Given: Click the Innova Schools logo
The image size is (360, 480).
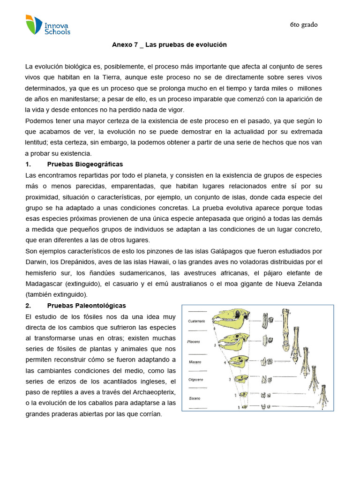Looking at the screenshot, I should tap(48, 25).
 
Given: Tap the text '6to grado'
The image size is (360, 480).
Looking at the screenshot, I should tap(303, 25).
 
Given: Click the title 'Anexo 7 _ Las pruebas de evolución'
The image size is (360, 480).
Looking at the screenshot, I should tap(169, 45).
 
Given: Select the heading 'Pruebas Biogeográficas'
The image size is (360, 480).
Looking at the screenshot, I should tap(85, 164).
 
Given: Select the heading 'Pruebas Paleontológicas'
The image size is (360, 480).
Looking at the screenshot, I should tap(86, 306).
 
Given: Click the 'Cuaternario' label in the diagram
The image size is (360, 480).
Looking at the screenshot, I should tap(197, 321).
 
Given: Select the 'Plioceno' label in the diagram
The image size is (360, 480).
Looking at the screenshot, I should tap(194, 342).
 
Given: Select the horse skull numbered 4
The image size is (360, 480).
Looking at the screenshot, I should tap(239, 361).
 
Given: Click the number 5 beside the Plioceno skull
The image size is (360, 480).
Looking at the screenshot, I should tap(215, 345).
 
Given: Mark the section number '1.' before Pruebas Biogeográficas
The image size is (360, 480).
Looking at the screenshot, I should tap(28, 164).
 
